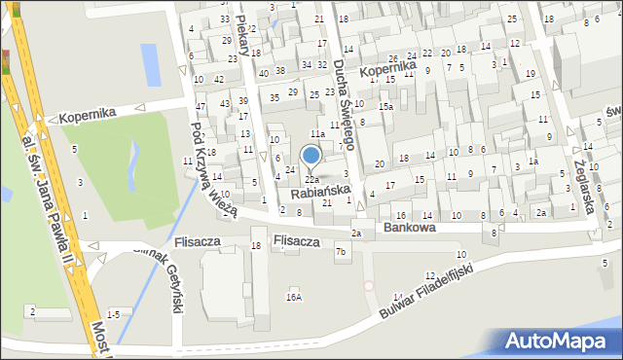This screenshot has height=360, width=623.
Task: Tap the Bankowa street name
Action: coord(409,227)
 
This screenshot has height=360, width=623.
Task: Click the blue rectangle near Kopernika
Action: coord(151,63)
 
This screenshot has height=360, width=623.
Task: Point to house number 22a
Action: coord(311,180)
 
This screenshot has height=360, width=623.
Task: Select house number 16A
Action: coord(293,297)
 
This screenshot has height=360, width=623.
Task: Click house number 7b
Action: coord(341,253)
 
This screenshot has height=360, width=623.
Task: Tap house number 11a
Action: coord(316,133)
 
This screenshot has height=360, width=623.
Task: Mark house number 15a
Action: coord(386,106)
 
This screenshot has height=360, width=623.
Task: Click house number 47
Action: coord(200,106)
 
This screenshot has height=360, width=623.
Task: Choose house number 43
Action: coord(225,103)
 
